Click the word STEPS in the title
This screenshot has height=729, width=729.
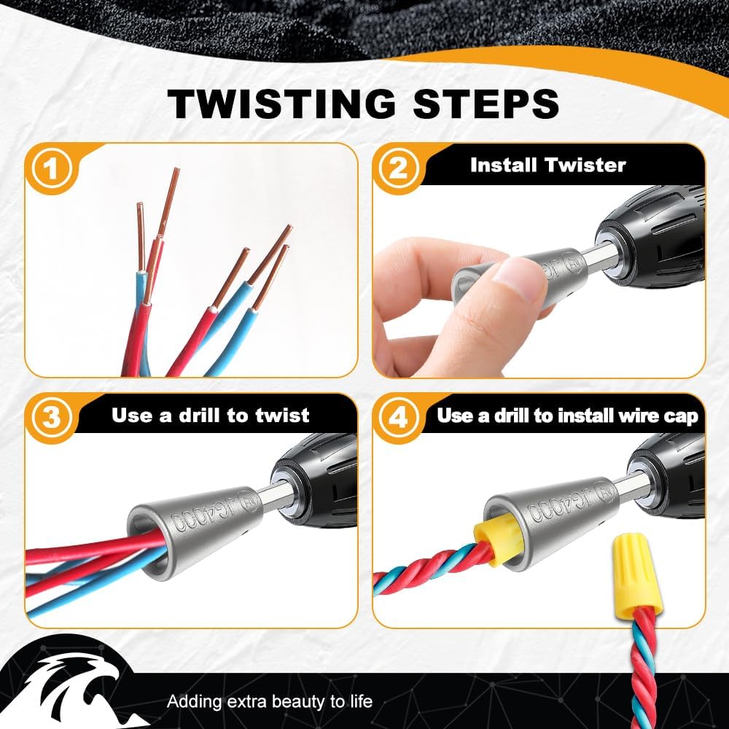(486, 104)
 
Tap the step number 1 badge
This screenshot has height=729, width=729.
(52, 168)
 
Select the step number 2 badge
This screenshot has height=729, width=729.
(398, 168)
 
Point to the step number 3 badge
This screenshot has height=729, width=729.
(52, 418)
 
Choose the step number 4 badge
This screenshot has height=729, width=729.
(398, 418)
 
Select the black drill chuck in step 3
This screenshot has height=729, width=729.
(316, 481)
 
